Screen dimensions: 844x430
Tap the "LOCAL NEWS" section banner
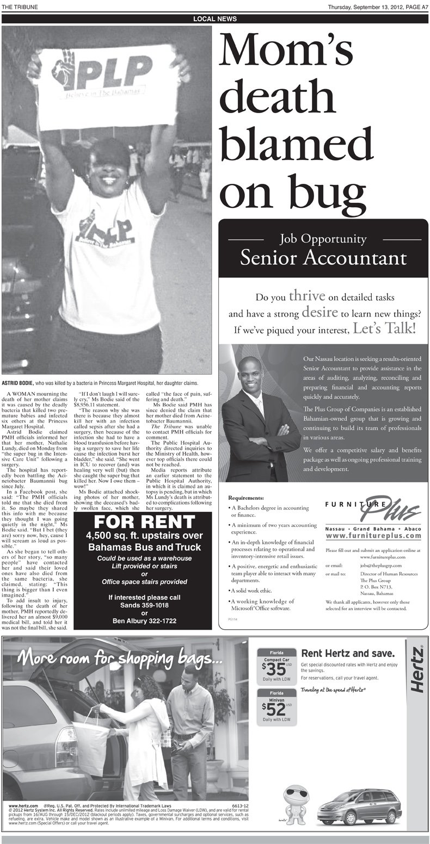[x=215, y=19]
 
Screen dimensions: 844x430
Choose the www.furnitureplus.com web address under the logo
[x=373, y=536]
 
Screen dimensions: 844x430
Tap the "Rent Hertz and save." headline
[x=348, y=653]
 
